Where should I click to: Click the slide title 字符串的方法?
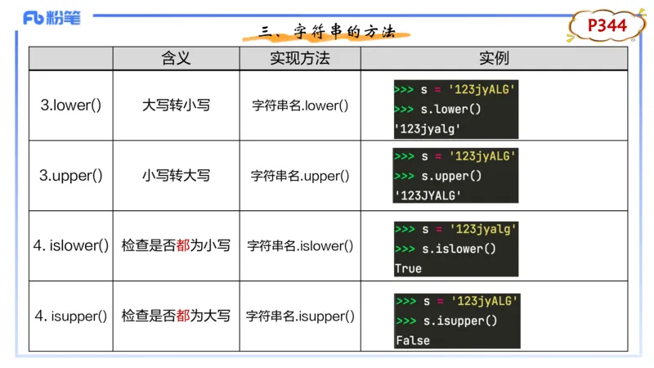[327, 32]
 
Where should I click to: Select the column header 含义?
[176, 58]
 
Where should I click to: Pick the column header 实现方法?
[300, 58]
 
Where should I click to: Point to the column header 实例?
[494, 58]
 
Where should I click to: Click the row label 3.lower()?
[71, 105]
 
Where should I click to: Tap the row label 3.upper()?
[71, 175]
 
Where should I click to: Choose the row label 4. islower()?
[71, 245]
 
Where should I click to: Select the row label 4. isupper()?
[71, 316]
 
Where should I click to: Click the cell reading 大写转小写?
[176, 105]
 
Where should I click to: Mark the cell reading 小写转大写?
[176, 175]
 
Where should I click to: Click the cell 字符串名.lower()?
[300, 105]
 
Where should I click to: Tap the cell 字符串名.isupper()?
[300, 316]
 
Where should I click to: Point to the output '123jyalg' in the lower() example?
[428, 128]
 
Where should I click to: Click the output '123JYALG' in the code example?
[428, 195]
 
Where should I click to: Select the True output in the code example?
[408, 268]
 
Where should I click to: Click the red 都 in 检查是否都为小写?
[183, 245]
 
